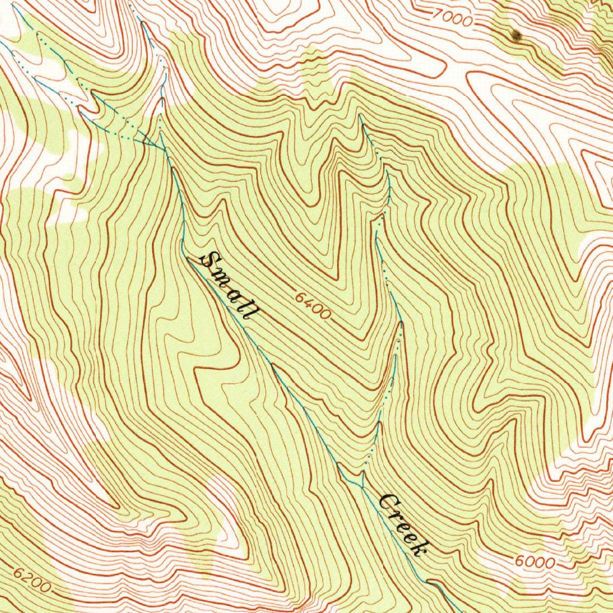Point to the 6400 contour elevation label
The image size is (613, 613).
312,305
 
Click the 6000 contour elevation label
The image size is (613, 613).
534,562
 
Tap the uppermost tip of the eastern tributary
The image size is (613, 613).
360,117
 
